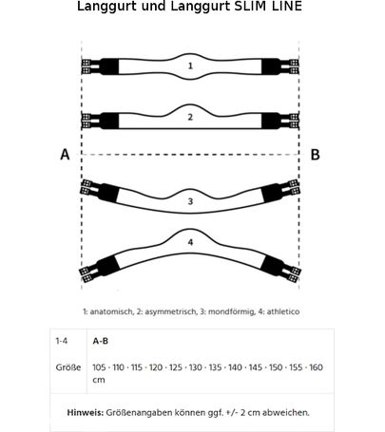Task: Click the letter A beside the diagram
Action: [x=65, y=155]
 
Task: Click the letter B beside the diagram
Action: [x=315, y=155]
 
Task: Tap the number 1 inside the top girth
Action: [x=190, y=66]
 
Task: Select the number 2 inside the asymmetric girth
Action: [x=190, y=117]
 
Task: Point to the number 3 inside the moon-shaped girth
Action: [x=190, y=201]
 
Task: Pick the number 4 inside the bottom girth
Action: [x=190, y=242]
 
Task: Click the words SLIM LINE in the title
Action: [x=268, y=7]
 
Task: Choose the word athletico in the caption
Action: [x=283, y=311]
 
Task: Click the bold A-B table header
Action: [x=101, y=341]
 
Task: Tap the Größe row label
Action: [x=68, y=367]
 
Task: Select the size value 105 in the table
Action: [x=99, y=367]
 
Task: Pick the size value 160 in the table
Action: [x=316, y=367]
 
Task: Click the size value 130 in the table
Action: [x=196, y=367]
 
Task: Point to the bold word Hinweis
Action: [x=86, y=413]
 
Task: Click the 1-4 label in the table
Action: [x=62, y=341]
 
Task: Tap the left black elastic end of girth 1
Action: [x=109, y=66]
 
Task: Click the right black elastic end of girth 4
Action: [x=272, y=265]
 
